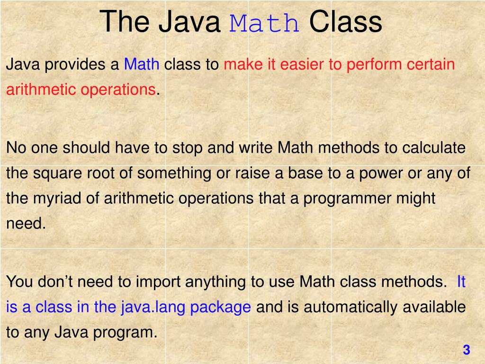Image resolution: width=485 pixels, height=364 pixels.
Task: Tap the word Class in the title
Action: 345,22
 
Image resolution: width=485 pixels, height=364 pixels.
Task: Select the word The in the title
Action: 125,22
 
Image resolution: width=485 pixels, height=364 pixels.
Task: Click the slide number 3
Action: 466,350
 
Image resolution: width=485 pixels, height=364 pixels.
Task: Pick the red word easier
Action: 302,64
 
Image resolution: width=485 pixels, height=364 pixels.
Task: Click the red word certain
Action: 431,64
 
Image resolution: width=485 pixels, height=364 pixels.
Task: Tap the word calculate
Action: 434,148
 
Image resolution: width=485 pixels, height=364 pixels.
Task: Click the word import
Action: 158,282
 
